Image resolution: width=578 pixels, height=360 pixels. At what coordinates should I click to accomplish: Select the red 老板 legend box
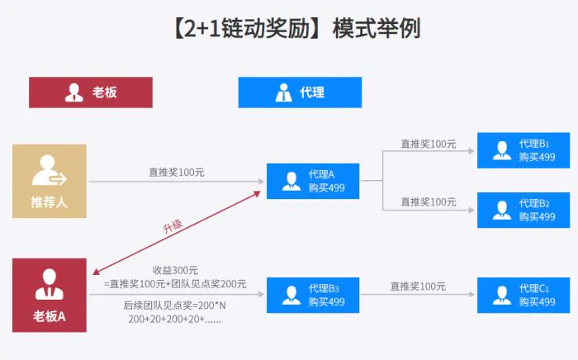(91, 92)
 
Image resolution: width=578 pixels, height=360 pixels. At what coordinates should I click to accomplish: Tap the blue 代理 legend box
(300, 92)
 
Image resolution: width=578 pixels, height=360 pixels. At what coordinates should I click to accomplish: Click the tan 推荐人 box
(50, 182)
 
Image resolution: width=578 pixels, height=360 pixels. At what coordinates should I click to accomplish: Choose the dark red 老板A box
(50, 295)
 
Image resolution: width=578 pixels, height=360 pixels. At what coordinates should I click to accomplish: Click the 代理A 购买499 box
(313, 182)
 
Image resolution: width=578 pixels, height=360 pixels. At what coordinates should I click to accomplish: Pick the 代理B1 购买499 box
(523, 150)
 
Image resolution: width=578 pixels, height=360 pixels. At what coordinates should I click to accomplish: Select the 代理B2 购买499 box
(523, 210)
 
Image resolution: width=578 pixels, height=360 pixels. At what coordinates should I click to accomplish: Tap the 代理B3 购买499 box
(313, 295)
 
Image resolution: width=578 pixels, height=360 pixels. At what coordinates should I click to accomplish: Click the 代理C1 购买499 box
(523, 295)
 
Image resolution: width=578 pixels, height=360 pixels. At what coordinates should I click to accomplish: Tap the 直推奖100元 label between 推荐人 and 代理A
(177, 173)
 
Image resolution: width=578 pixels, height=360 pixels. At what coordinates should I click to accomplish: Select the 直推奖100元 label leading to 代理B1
(429, 144)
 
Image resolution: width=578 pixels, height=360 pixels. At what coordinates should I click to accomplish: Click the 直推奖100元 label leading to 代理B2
(429, 201)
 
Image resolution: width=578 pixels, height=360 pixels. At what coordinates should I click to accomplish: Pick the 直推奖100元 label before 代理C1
(418, 287)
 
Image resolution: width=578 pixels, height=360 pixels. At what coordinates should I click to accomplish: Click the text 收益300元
(175, 270)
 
